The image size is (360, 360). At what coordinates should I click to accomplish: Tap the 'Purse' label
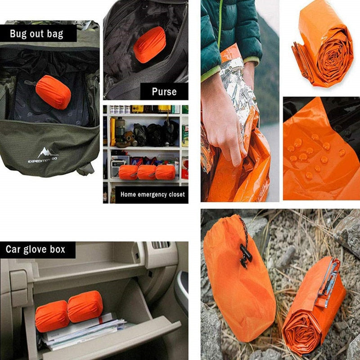tap(164, 92)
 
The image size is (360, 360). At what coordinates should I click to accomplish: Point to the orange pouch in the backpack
tap(53, 92)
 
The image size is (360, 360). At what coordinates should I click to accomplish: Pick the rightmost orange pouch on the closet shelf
tap(166, 172)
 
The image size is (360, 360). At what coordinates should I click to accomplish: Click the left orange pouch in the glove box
tap(52, 315)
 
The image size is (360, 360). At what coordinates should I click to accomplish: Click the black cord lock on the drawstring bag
tap(245, 255)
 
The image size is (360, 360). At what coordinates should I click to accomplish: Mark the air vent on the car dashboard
tap(160, 245)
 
